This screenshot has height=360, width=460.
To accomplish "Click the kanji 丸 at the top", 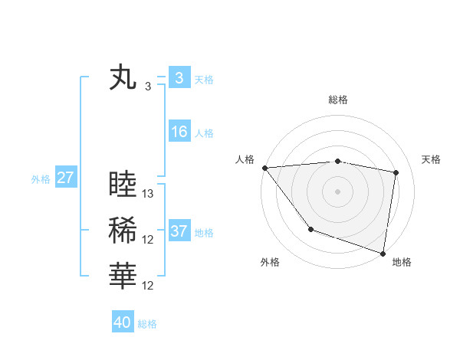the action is click(x=123, y=78).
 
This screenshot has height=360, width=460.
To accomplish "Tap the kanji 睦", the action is click(x=123, y=185).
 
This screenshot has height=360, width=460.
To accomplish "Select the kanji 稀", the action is click(x=123, y=231).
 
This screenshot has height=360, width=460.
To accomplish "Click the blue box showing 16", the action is click(x=179, y=132).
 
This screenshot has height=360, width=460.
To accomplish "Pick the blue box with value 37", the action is click(x=179, y=231).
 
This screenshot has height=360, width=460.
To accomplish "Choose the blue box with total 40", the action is click(x=123, y=322).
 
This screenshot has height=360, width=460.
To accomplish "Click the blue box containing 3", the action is click(x=179, y=78).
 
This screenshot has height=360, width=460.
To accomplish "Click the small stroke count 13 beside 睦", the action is click(x=149, y=194).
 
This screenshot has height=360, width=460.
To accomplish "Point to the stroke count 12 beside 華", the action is click(x=149, y=286).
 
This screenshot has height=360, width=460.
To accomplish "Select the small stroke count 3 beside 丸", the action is click(x=148, y=87).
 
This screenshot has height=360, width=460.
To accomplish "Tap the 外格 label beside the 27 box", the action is click(x=41, y=179).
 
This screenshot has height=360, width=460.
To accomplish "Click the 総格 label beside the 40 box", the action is click(x=147, y=324).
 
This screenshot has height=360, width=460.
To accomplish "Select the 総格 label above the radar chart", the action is click(x=338, y=100).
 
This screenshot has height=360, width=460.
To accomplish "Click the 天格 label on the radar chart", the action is click(x=431, y=159).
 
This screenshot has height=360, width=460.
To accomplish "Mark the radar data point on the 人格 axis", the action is click(x=264, y=167).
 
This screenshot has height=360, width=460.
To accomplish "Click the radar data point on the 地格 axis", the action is click(x=383, y=253).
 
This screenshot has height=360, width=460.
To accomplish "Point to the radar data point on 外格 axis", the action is click(x=310, y=229).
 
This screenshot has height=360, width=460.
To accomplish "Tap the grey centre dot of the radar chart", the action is click(x=338, y=191).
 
